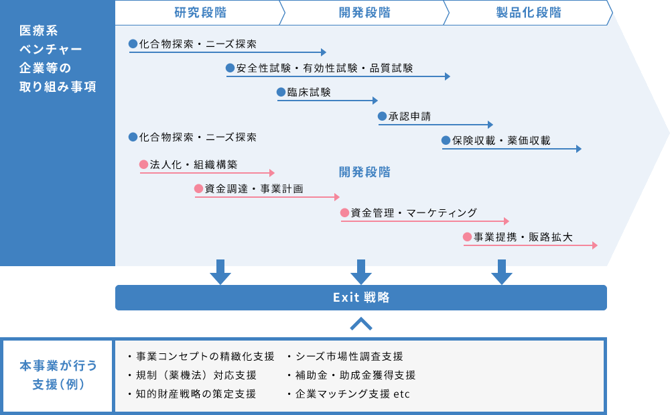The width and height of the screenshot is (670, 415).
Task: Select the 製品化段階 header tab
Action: coord(529,13)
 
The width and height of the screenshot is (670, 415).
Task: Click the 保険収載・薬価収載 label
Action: coord(500,141)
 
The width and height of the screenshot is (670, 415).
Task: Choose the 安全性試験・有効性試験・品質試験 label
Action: coord(324,68)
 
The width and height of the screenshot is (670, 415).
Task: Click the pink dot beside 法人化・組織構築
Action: coord(143,164)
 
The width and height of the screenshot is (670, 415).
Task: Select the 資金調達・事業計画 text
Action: coord(253,189)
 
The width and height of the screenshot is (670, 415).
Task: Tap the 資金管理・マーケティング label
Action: coord(413,213)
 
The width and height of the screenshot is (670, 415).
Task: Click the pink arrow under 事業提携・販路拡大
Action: coord(530,245)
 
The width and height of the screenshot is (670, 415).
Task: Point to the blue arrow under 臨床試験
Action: coord(328,101)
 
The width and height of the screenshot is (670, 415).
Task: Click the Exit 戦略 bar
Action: coord(361,298)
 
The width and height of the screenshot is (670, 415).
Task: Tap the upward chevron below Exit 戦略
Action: coord(361,324)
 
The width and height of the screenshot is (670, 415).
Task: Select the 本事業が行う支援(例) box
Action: coord(58,375)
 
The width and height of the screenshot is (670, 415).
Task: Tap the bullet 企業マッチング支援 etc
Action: coord(352,394)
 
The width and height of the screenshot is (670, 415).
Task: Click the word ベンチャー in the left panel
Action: coord(51,49)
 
